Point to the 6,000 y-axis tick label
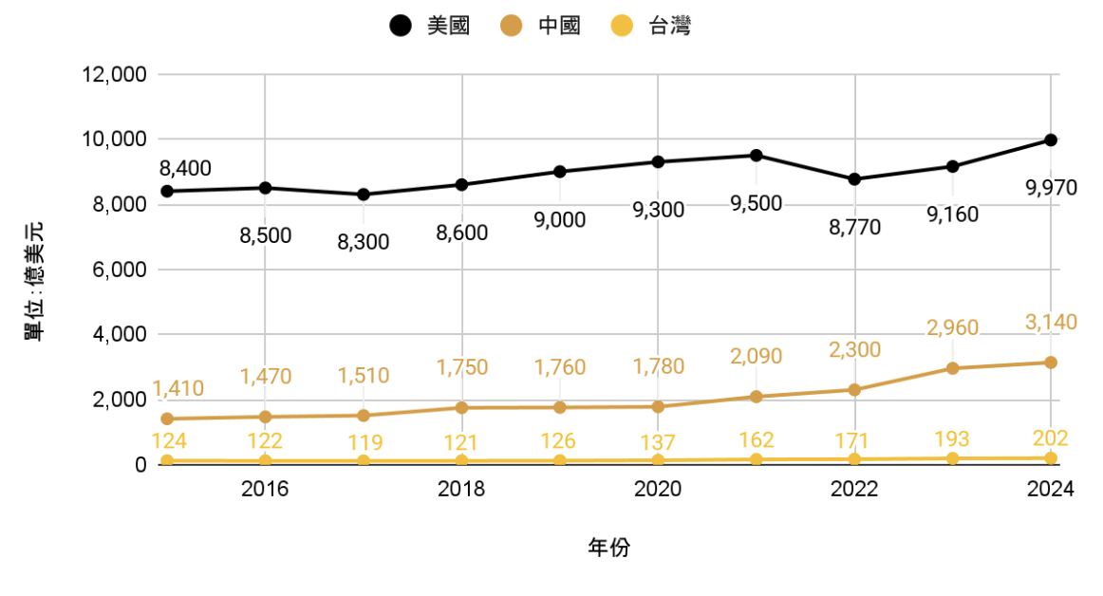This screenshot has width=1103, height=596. click(x=117, y=270)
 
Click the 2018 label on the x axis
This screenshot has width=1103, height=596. click(x=461, y=490)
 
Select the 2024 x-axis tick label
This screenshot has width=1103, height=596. click(x=1051, y=490)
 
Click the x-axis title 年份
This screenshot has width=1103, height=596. click(x=608, y=548)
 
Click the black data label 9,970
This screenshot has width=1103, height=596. click(x=1051, y=188)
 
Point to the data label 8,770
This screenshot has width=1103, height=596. click(x=854, y=227)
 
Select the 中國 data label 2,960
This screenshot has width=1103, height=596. click(x=952, y=328)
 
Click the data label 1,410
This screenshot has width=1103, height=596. click(x=178, y=389)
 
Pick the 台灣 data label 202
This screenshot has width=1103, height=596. click(x=1051, y=438)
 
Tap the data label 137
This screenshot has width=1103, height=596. click(x=658, y=442)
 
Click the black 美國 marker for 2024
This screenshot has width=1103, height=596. click(x=1051, y=140)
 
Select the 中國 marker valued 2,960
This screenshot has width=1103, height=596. click(x=952, y=368)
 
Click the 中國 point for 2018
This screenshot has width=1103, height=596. click(x=461, y=407)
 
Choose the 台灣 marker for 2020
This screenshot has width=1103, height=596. click(x=658, y=460)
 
